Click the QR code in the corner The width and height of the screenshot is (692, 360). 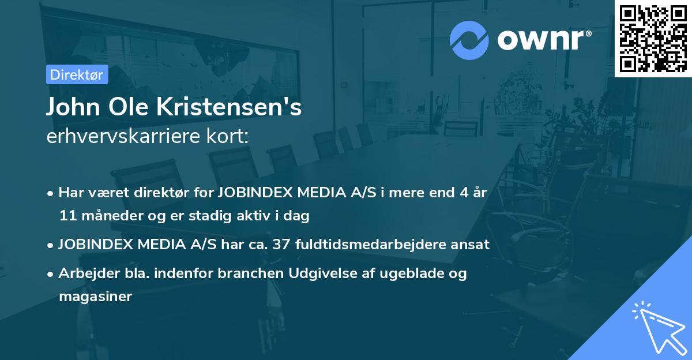click(653, 38)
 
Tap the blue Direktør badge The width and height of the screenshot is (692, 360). click(77, 74)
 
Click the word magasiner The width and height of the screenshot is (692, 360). click(95, 297)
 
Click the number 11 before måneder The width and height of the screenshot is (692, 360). click(66, 216)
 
